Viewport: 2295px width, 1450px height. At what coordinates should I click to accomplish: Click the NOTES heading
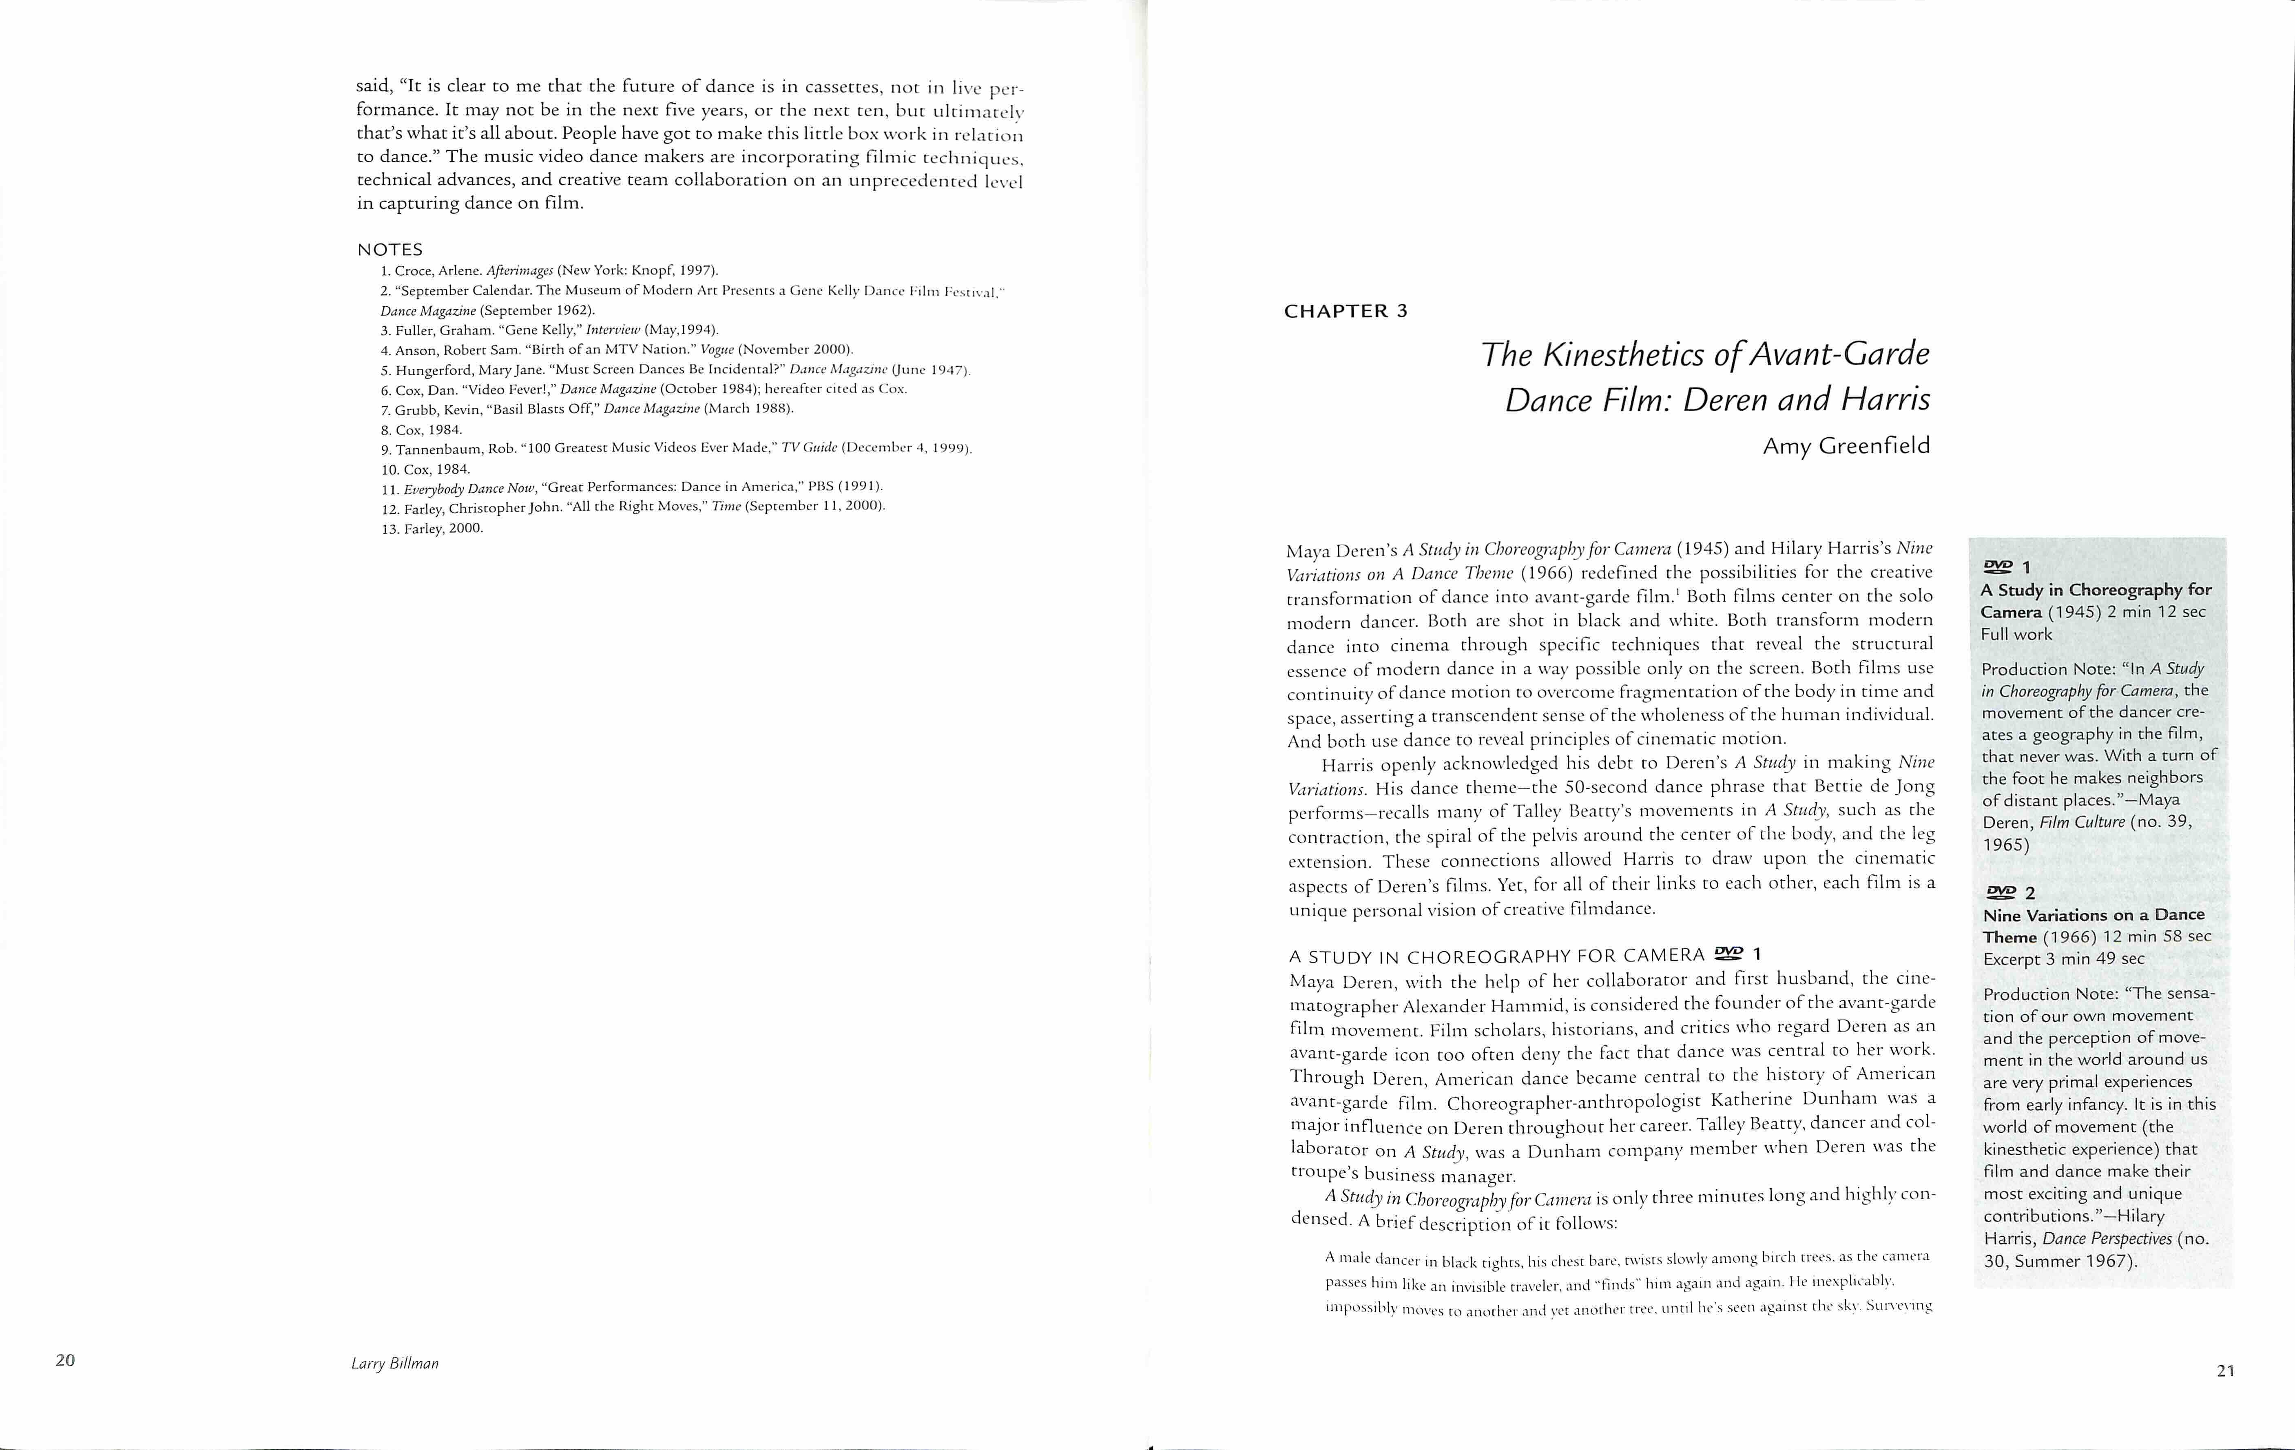tap(390, 250)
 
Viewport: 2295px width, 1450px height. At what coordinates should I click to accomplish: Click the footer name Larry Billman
tap(394, 1363)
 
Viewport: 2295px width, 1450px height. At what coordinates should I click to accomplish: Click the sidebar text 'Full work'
tap(2016, 634)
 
